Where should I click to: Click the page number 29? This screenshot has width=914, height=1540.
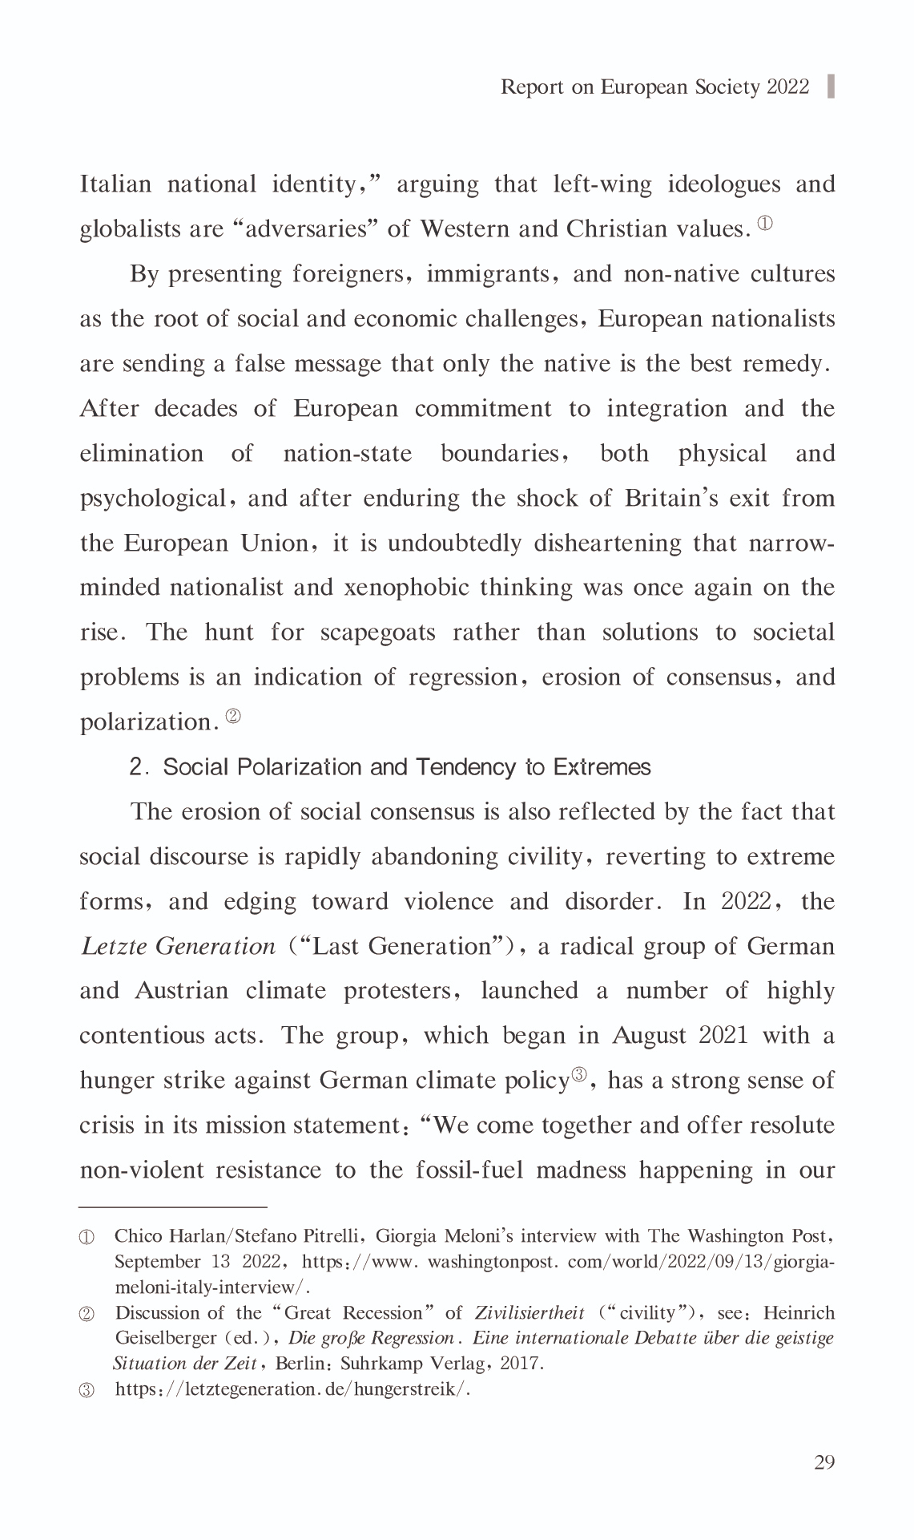pos(823,1461)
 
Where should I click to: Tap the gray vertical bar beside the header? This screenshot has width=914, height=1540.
pos(830,87)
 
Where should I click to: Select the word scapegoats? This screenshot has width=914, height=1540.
pos(377,633)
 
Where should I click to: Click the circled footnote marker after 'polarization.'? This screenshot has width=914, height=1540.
pos(233,716)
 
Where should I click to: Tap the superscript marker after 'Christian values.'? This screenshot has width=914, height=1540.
pos(765,224)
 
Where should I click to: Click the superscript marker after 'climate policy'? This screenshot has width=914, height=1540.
pos(579,1075)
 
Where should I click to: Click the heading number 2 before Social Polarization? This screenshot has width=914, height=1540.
pos(136,767)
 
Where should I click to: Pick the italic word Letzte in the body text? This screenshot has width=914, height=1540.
pos(113,947)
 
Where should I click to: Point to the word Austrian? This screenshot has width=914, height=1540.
pos(181,991)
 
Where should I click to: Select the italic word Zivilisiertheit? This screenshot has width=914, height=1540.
pos(529,1313)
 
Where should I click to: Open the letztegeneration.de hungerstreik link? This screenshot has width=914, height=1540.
pos(292,1389)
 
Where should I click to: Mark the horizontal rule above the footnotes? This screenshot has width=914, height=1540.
pos(172,1206)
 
